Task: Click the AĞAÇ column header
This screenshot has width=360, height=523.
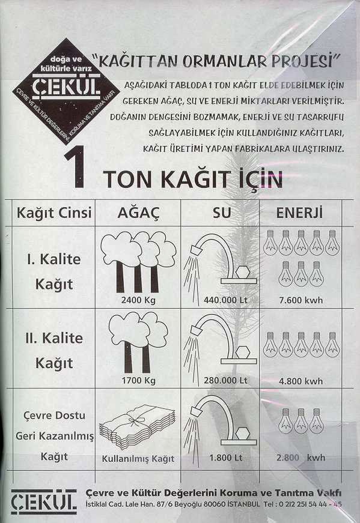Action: pos(139,213)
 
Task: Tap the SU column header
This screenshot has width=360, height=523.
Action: pos(222,213)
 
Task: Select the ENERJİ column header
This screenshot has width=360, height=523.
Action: pos(299,213)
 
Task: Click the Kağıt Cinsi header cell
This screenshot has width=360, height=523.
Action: pos(54,213)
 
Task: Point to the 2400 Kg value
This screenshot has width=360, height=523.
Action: pos(138,300)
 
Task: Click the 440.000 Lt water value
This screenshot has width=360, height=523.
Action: pos(225,300)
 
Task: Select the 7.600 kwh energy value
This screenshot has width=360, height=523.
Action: pos(301,300)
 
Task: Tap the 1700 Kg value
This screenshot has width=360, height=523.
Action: pos(139,380)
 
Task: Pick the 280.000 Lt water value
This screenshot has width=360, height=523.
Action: pos(225,381)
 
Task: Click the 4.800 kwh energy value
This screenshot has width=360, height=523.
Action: pos(301,381)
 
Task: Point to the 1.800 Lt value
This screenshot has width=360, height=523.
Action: pos(226,458)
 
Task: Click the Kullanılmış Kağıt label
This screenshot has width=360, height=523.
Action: pos(138,459)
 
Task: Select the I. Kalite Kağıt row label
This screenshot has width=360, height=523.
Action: pos(54,272)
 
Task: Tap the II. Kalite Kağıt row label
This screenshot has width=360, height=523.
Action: pos(54,351)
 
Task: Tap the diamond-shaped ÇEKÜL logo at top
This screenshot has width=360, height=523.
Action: pos(66,91)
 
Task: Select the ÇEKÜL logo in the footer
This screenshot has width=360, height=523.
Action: pos(44,501)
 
